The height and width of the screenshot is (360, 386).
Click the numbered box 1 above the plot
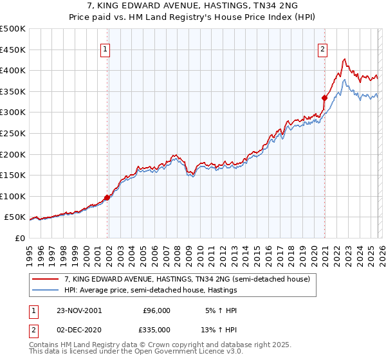tap(105, 48)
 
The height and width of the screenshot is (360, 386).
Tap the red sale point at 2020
tap(325, 98)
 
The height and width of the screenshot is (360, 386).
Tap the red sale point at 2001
tap(107, 198)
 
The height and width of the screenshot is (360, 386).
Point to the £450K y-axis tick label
tap(13, 50)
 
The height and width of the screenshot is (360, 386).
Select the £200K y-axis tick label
tap(13, 154)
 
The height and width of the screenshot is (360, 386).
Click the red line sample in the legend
tap(46, 280)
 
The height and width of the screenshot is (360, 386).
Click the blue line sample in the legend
tap(46, 291)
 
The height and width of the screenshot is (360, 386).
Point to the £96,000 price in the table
tap(156, 310)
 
